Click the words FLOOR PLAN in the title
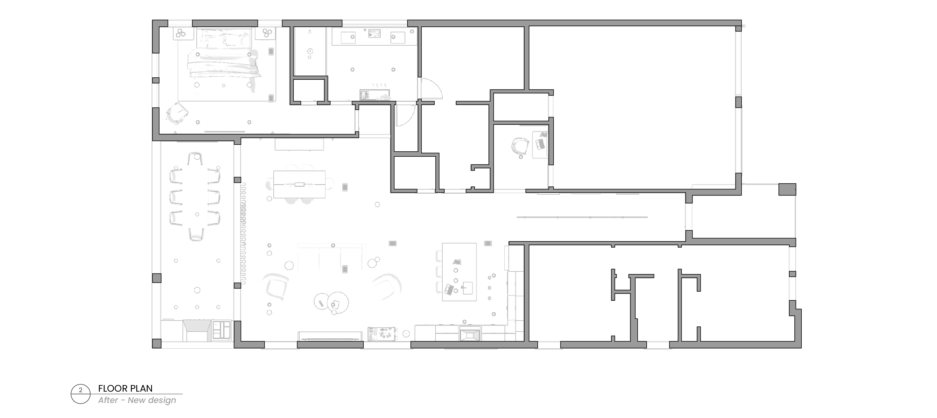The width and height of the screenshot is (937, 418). pyautogui.click(x=125, y=389)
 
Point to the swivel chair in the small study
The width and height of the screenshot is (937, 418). pyautogui.click(x=520, y=147)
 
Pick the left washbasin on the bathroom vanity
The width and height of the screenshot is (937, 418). pyautogui.click(x=348, y=37)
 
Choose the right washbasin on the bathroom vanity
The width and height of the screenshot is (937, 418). pyautogui.click(x=398, y=37)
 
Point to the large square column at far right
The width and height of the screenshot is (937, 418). pyautogui.click(x=787, y=189)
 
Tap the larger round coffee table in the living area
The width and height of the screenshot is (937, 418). pyautogui.click(x=338, y=302)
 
